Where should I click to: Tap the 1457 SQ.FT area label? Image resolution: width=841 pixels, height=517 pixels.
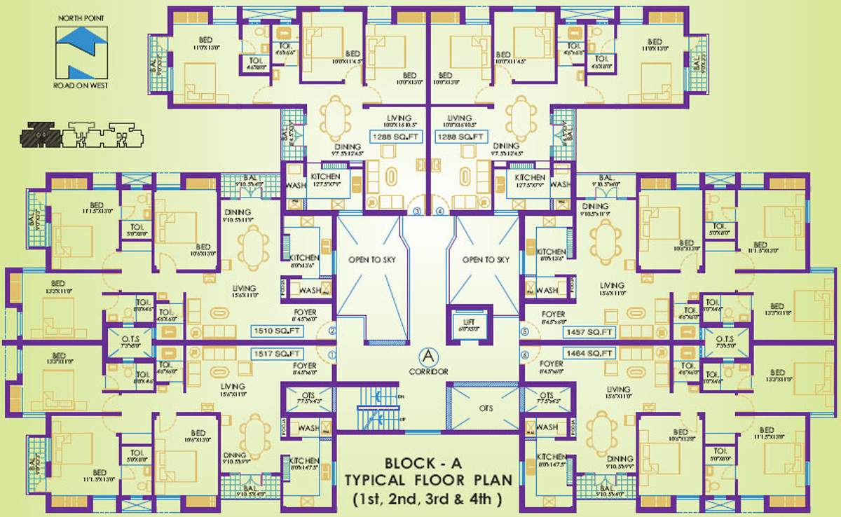click(x=592, y=331)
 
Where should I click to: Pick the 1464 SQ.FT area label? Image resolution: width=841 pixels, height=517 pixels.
click(x=592, y=354)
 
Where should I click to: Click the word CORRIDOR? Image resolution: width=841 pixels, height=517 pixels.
click(x=426, y=371)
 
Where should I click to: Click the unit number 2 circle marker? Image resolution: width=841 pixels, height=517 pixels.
click(x=333, y=331)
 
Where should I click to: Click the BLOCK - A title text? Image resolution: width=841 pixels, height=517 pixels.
click(x=428, y=463)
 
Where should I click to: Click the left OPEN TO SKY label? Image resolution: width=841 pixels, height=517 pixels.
click(x=371, y=260)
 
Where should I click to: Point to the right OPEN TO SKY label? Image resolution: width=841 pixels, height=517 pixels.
click(x=486, y=260)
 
